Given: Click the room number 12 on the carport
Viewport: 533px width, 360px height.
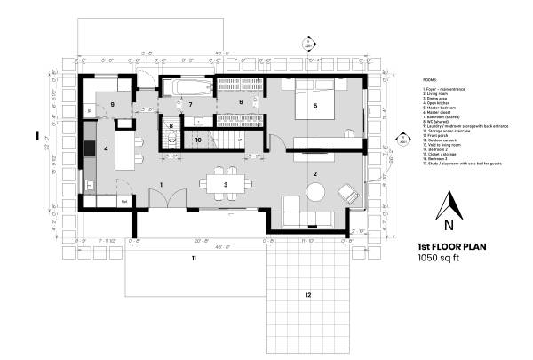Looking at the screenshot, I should coord(307,294).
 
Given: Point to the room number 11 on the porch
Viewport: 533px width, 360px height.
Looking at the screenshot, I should coord(192,258).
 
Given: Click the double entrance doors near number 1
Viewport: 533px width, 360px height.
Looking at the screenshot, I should coord(165,201).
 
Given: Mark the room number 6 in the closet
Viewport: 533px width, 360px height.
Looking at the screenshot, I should coord(240,103).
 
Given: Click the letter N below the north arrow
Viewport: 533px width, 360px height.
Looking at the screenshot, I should coord(451,224).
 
